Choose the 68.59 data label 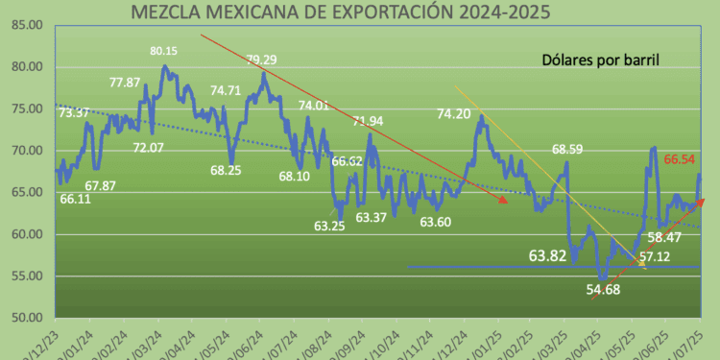click(x=571, y=150)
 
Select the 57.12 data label click(x=654, y=257)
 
